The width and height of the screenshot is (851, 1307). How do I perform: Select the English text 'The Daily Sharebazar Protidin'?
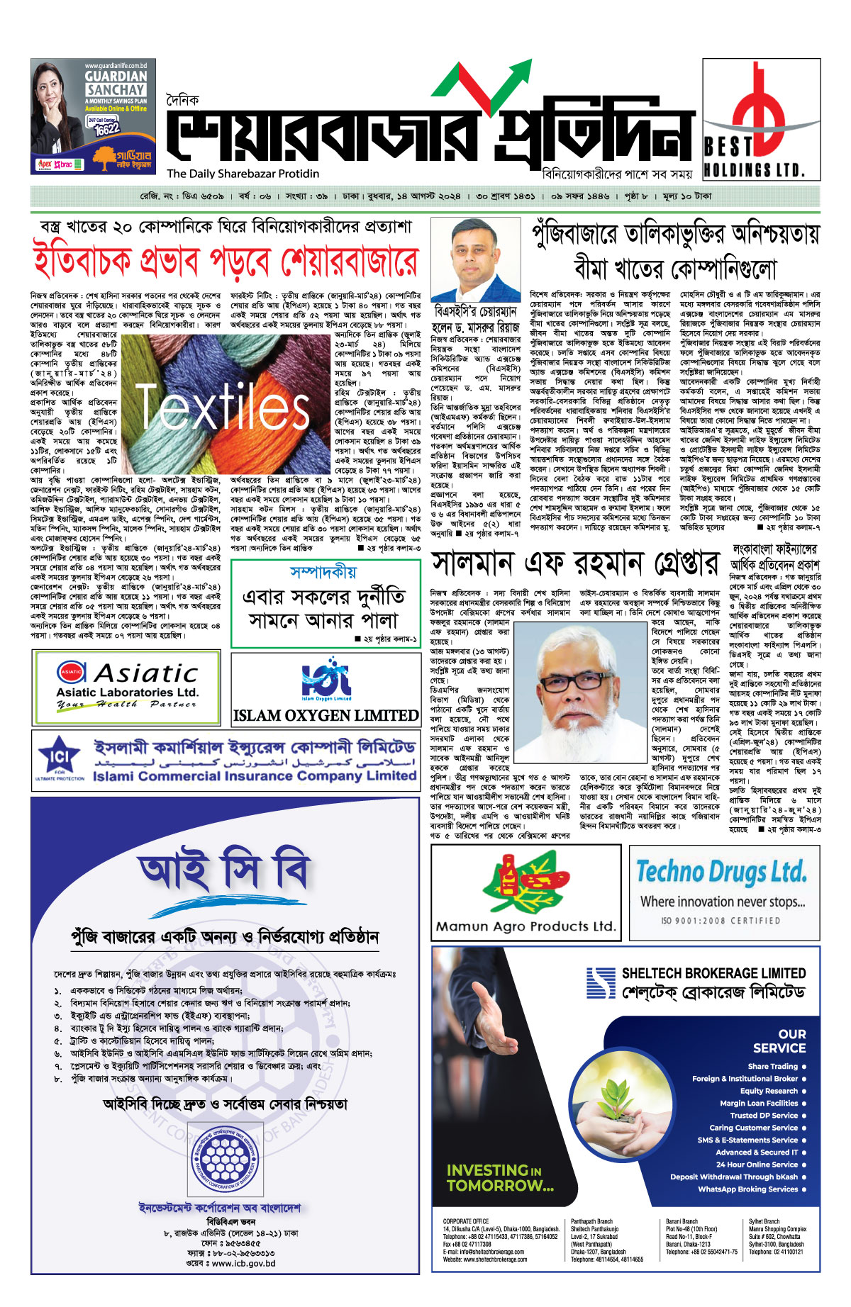coord(243,174)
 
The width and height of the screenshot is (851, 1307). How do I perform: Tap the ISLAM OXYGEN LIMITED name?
coord(326,716)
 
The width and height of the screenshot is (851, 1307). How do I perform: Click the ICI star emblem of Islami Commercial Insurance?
coord(59,758)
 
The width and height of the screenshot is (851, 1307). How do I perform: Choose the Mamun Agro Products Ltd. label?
coord(525,926)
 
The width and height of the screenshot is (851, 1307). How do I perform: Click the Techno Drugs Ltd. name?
coord(721,872)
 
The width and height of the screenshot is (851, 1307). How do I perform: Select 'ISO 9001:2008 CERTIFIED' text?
coord(721,921)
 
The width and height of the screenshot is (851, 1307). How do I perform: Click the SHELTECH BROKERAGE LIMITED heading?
coord(713,973)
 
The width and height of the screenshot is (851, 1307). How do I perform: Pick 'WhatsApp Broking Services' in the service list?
coord(747,1189)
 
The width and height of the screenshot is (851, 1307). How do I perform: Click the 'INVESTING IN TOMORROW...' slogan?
coord(500,1177)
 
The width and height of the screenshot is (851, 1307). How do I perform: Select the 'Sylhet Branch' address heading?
coord(764,1221)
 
